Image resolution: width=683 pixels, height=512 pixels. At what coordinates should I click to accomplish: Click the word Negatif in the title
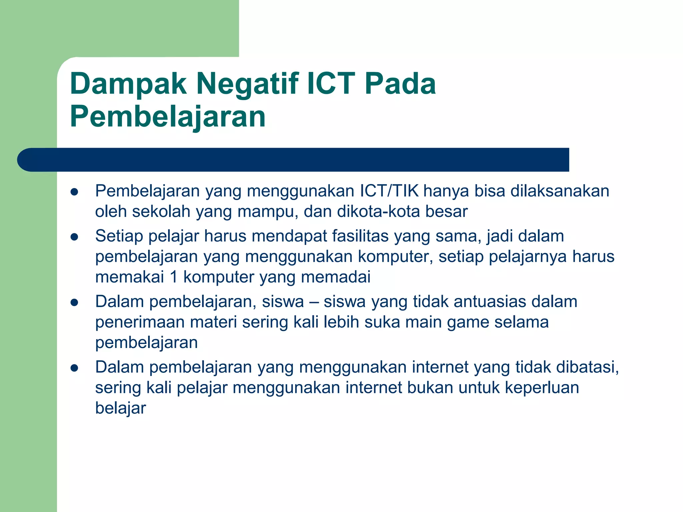[x=247, y=84]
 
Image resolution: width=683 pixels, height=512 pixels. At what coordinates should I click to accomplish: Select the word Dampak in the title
[x=128, y=84]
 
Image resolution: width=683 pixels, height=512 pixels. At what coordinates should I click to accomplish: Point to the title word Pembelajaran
[x=168, y=117]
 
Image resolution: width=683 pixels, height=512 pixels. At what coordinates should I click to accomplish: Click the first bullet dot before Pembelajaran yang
[x=74, y=192]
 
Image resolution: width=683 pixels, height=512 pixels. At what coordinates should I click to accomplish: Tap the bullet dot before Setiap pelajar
[x=74, y=237]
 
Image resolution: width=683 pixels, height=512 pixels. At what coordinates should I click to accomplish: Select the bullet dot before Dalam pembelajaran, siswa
[x=74, y=302]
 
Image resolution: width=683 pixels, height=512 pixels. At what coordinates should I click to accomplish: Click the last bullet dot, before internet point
[x=74, y=368]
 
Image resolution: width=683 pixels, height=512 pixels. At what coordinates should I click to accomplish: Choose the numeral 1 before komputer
[x=173, y=277]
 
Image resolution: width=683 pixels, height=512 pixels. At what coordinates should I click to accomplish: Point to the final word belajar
[x=120, y=408]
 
